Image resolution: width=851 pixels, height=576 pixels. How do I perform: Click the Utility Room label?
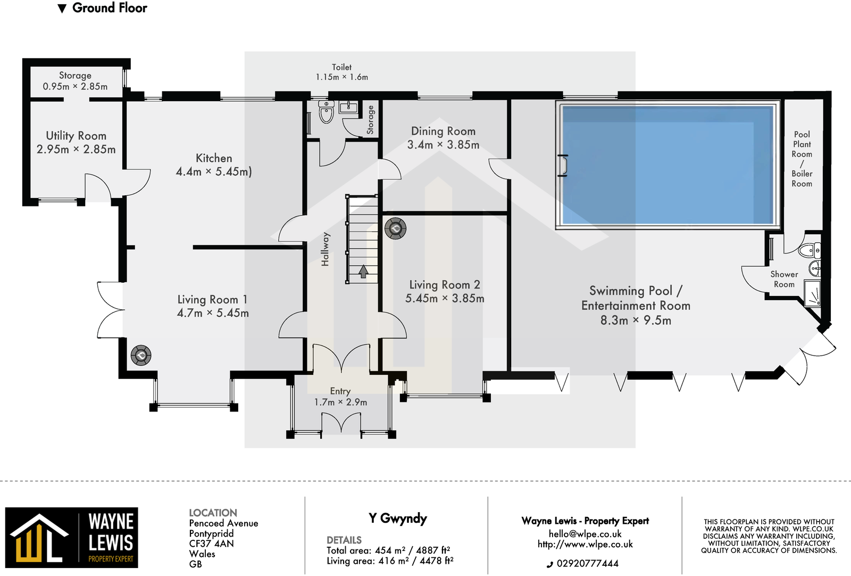pyautogui.click(x=76, y=136)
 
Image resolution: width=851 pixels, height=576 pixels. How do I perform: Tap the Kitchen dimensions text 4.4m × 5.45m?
pyautogui.click(x=214, y=171)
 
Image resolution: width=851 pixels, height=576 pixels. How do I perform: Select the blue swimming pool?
pyautogui.click(x=668, y=164)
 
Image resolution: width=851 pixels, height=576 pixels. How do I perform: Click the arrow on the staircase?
pyautogui.click(x=363, y=271)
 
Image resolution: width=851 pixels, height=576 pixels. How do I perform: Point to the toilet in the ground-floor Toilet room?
pyautogui.click(x=326, y=113)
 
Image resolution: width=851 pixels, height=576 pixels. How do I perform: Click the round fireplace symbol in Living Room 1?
pyautogui.click(x=141, y=355)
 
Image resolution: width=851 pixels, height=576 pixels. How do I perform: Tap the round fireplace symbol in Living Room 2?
pyautogui.click(x=395, y=228)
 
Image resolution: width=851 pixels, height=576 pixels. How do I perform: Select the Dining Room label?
pyautogui.click(x=443, y=131)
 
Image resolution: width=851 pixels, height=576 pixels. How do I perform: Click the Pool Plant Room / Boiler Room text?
pyautogui.click(x=802, y=159)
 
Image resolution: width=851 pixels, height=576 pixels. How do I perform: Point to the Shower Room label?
pyautogui.click(x=784, y=279)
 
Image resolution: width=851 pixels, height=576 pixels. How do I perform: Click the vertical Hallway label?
pyautogui.click(x=326, y=249)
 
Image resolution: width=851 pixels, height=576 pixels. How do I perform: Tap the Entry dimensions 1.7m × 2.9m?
pyautogui.click(x=340, y=402)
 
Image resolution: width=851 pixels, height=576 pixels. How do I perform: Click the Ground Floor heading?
pyautogui.click(x=110, y=8)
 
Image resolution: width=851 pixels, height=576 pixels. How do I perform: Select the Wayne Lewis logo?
pyautogui.click(x=72, y=538)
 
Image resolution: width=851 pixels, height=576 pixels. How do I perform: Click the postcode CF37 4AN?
pyautogui.click(x=211, y=544)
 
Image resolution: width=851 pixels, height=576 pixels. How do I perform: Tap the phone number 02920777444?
pyautogui.click(x=587, y=563)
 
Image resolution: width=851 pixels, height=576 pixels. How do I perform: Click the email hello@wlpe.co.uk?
pyautogui.click(x=585, y=533)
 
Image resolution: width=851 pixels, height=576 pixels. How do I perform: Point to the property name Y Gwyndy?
pyautogui.click(x=397, y=518)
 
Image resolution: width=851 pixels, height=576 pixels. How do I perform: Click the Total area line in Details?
pyautogui.click(x=388, y=550)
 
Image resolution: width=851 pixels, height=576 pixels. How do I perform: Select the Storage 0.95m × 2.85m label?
pyautogui.click(x=75, y=81)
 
